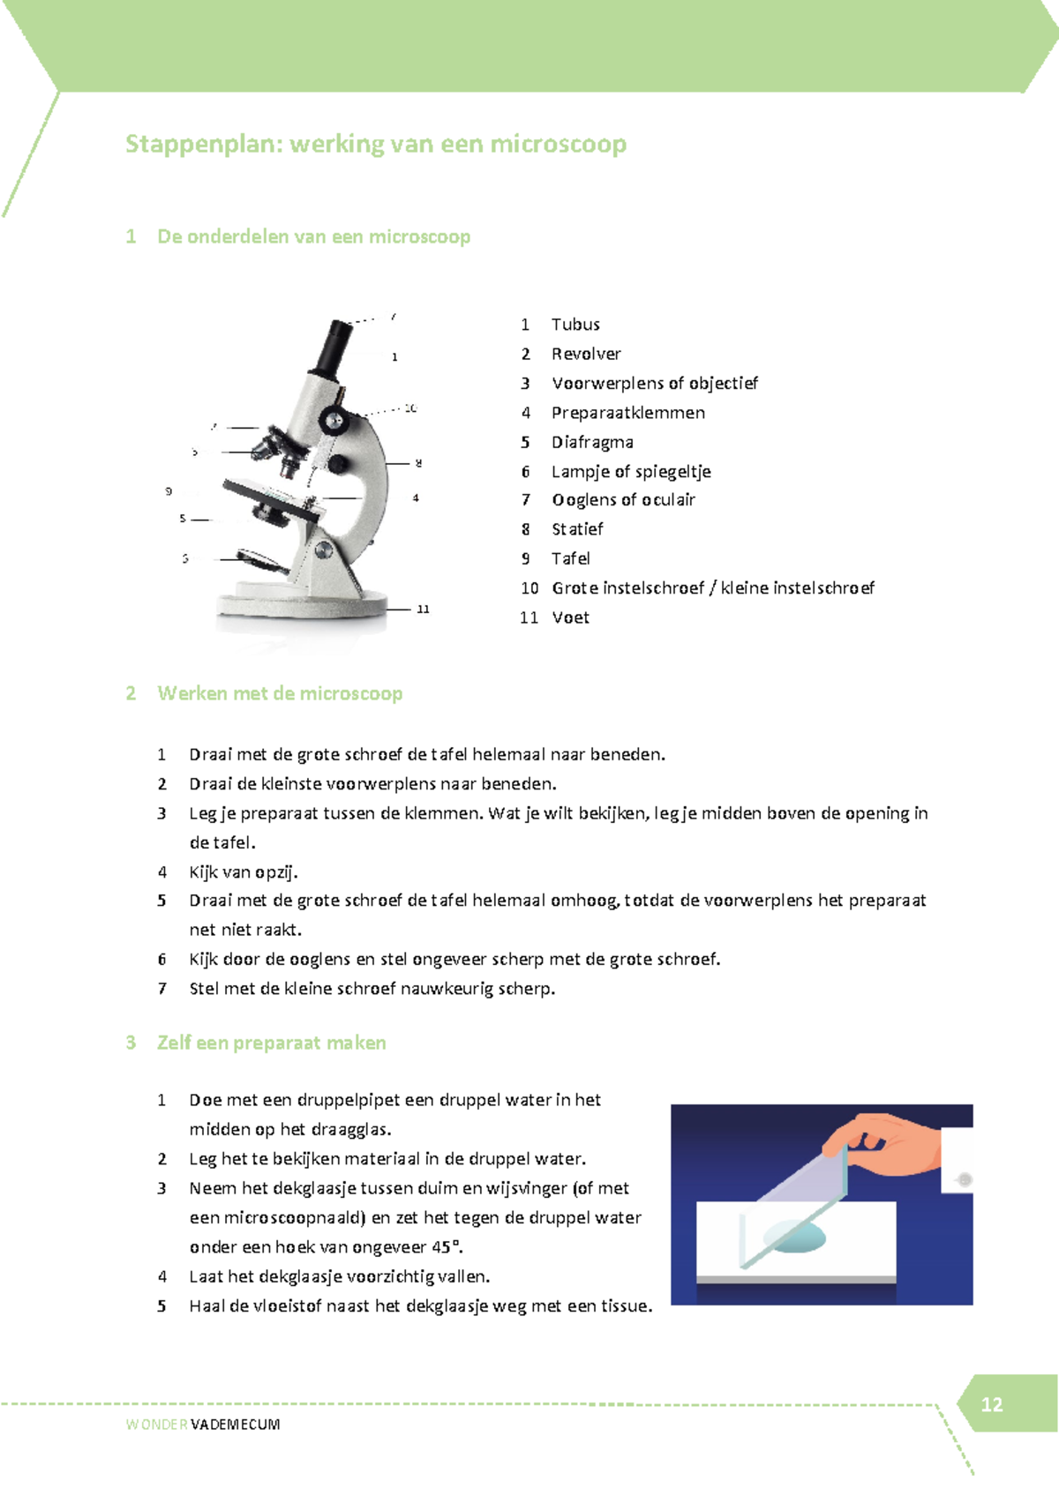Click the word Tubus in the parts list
tap(575, 325)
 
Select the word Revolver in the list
tap(586, 354)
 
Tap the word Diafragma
tap(592, 442)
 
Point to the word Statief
tap(577, 529)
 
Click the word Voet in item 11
tap(570, 617)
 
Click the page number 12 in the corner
tap(991, 1404)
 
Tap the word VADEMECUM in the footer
tap(235, 1425)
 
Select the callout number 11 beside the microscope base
tap(423, 610)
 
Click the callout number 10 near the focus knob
tap(410, 408)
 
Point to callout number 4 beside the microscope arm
tap(416, 498)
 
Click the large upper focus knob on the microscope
tap(333, 420)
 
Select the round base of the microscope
tap(302, 605)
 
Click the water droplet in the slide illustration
tap(793, 1237)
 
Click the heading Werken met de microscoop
tap(280, 693)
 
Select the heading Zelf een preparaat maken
tap(271, 1043)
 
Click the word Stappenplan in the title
tap(203, 144)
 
